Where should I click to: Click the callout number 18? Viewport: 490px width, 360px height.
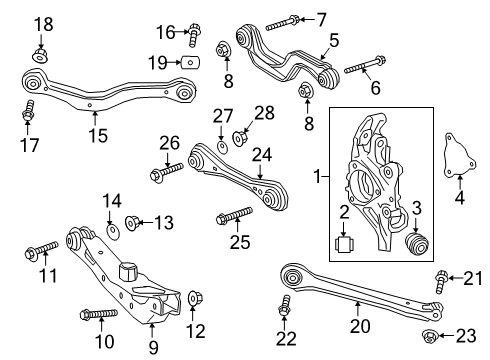pyautogui.click(x=41, y=23)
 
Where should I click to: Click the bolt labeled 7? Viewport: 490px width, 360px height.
pyautogui.click(x=280, y=20)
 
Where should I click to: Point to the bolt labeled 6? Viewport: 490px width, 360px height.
pyautogui.click(x=358, y=69)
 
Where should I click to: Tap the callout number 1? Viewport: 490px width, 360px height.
pyautogui.click(x=320, y=177)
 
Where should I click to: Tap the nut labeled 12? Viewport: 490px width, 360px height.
pyautogui.click(x=194, y=298)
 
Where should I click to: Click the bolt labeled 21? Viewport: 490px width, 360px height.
pyautogui.click(x=441, y=277)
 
